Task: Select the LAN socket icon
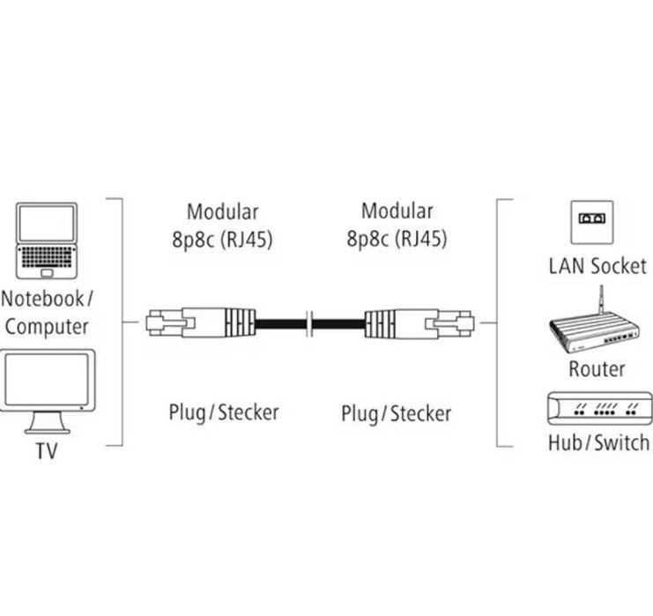tap(592, 221)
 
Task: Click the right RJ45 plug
tap(419, 323)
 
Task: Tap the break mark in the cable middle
tap(309, 323)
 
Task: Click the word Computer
tap(47, 326)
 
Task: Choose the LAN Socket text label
tap(597, 265)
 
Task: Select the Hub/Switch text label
tap(597, 442)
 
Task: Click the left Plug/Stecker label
tap(223, 412)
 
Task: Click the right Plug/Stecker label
tap(396, 412)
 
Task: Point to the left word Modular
tap(222, 212)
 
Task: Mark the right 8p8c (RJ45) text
tap(396, 238)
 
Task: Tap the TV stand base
tap(48, 429)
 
